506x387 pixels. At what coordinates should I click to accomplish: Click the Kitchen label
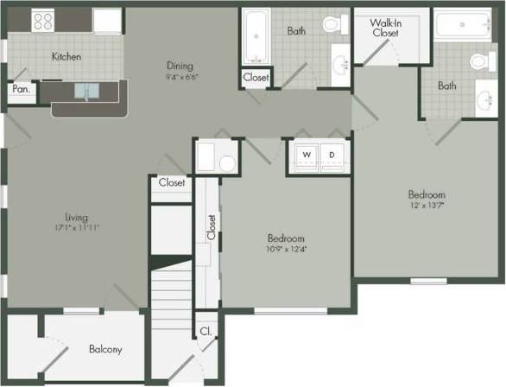click(x=66, y=57)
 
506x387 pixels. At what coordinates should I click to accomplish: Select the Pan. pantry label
click(x=19, y=88)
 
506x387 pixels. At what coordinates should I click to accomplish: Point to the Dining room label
click(x=180, y=65)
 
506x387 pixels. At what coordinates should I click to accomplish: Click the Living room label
click(x=76, y=217)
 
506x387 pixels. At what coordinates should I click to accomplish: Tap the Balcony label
click(x=105, y=349)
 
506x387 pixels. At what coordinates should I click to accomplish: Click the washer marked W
click(x=305, y=155)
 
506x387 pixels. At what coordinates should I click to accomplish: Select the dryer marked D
click(x=332, y=155)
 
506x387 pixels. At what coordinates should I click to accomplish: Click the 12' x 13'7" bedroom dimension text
click(x=427, y=207)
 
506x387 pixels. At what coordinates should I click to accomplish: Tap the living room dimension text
click(x=76, y=228)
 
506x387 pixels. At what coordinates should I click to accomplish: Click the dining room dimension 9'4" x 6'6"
click(x=180, y=76)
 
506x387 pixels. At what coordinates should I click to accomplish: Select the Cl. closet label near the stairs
click(x=206, y=330)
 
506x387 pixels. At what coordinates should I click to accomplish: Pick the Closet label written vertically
click(x=210, y=226)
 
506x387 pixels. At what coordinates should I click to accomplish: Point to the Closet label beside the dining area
click(x=256, y=77)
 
